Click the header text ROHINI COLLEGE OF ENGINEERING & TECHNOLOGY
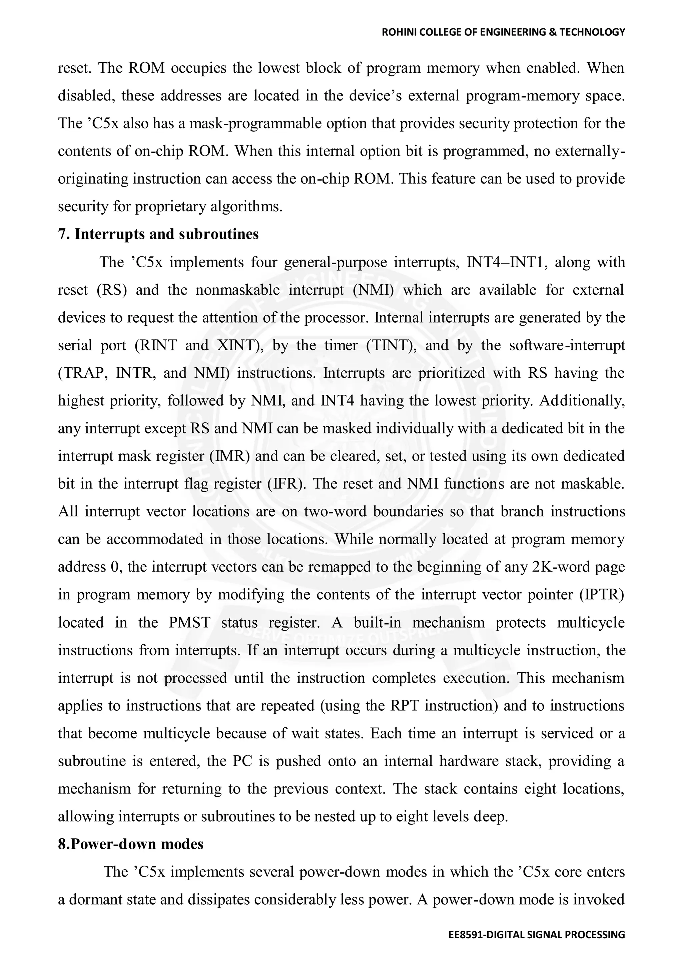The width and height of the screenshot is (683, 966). tap(503, 32)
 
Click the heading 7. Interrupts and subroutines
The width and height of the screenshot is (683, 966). tap(158, 234)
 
